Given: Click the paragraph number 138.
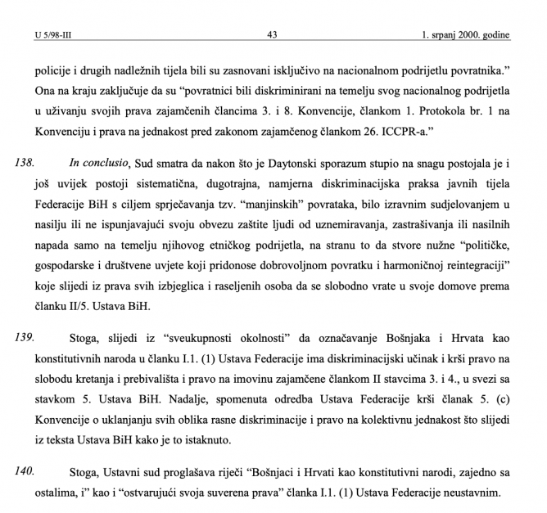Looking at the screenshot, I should coord(25,164).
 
